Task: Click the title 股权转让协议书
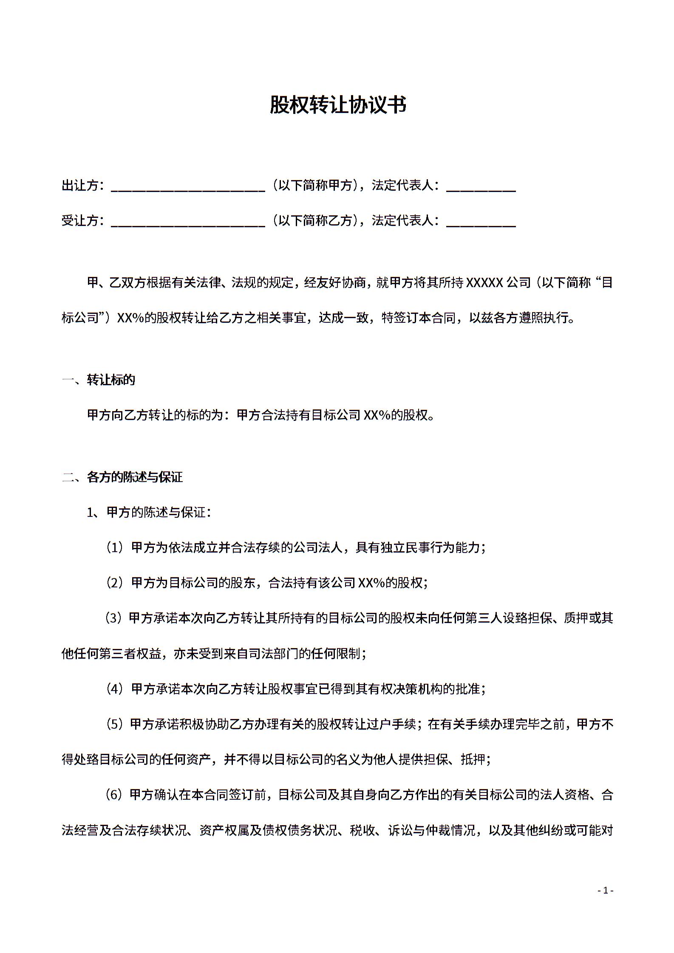(338, 105)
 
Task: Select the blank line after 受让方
(188, 223)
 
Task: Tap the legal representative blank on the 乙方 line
(481, 223)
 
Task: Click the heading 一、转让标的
(99, 380)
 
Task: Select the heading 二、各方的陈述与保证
(122, 477)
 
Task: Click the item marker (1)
(114, 548)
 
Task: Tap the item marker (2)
(114, 583)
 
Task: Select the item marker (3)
(113, 618)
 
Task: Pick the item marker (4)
(114, 689)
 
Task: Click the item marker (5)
(113, 724)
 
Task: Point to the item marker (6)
(113, 795)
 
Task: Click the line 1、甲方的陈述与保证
(149, 513)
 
